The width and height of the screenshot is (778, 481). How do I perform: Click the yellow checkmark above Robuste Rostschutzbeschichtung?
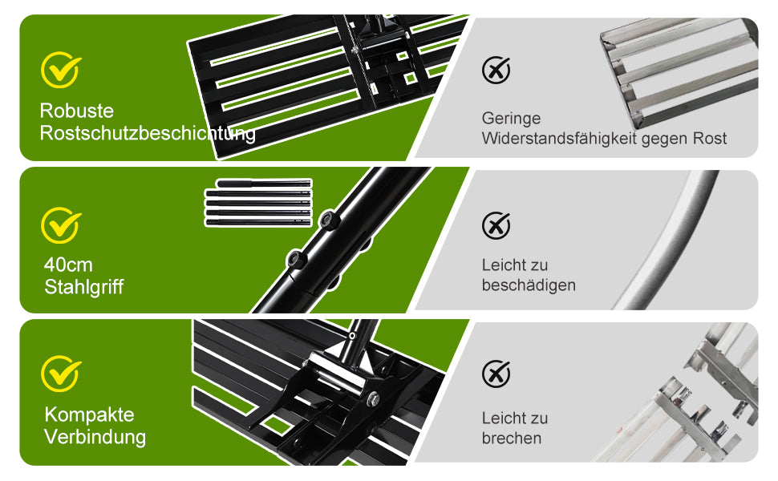(60, 70)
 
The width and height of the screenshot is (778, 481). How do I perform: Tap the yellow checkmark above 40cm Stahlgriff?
(60, 225)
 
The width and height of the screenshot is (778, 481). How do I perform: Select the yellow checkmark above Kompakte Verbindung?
(60, 374)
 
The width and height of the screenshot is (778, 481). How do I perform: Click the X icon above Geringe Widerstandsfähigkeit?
(496, 70)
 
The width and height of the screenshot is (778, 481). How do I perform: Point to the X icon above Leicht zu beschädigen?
(496, 225)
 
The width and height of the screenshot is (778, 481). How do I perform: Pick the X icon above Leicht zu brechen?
(496, 374)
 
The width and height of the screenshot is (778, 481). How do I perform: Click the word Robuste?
(76, 111)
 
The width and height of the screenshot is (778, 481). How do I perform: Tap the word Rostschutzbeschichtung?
(148, 133)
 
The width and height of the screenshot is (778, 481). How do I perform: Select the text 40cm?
(68, 265)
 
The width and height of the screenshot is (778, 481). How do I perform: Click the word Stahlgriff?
(84, 287)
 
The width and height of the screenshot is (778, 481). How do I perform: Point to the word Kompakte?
(89, 414)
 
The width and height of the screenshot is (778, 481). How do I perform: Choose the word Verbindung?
(95, 437)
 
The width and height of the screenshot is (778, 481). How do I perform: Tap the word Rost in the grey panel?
(710, 139)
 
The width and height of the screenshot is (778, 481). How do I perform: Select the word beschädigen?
(529, 285)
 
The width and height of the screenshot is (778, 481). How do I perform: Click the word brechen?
(512, 438)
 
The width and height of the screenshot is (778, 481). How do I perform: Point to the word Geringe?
(511, 119)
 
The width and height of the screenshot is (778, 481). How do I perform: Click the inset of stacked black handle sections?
(258, 203)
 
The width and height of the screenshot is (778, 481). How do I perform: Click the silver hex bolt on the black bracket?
(373, 397)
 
